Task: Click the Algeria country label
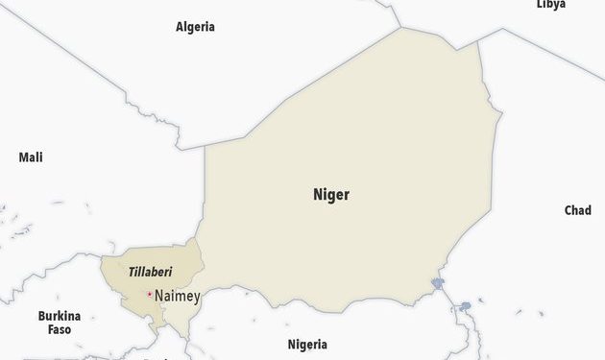pos(195,27)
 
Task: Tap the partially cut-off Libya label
pos(550,4)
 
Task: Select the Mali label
pos(31,157)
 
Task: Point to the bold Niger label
pos(331,195)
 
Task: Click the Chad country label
pos(577,210)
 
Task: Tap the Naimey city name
pos(177,297)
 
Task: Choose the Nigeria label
pos(307,344)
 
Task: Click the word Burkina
pos(60,316)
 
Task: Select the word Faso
pos(60,329)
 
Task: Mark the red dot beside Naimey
pos(150,294)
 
